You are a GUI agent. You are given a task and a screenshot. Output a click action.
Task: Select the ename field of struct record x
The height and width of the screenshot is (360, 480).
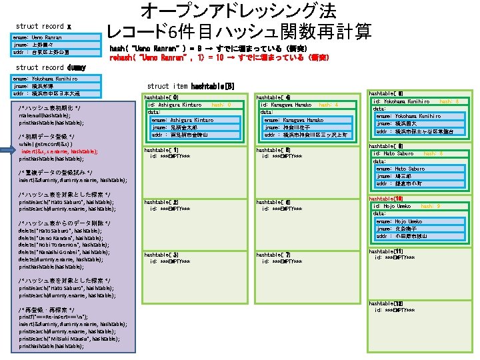click(37, 38)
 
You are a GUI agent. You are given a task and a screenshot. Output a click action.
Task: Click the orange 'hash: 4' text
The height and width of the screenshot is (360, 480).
click(329, 105)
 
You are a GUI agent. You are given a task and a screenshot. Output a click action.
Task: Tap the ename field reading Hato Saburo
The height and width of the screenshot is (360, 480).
click(400, 169)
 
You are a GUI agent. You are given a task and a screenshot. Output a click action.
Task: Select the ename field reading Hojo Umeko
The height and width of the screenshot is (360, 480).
click(399, 221)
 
